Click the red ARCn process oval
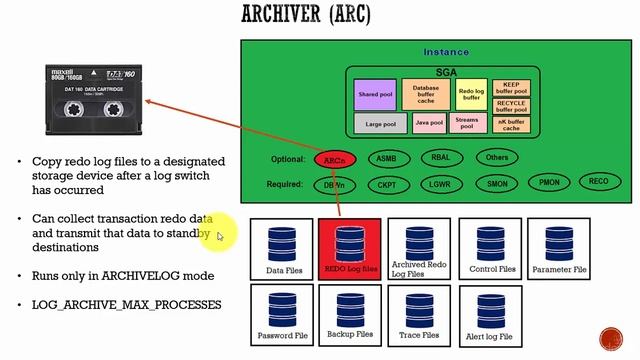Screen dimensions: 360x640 (335, 159)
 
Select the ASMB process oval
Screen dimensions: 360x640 (387, 158)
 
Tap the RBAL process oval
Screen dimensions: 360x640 (440, 158)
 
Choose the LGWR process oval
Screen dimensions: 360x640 (440, 184)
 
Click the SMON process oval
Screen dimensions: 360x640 (496, 184)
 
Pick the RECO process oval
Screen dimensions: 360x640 (598, 182)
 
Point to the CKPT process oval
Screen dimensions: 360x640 (387, 184)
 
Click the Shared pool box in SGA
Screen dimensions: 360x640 (375, 95)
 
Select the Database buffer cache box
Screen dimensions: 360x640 (427, 95)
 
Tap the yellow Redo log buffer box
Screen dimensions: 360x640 (470, 95)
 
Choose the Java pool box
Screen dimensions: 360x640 (428, 124)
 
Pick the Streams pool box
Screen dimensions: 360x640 (467, 124)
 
